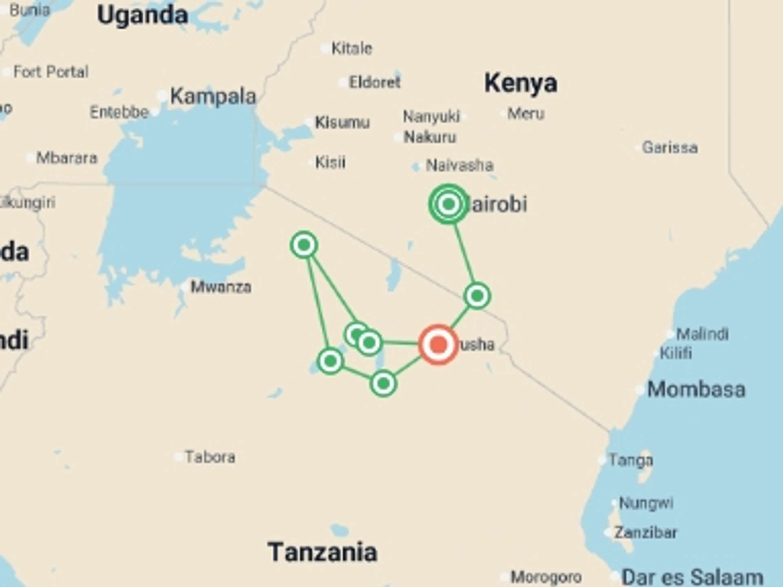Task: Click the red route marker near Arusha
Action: coord(438,344)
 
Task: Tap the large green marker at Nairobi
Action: coord(449,204)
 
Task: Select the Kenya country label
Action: coord(521,83)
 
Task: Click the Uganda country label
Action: coord(143,15)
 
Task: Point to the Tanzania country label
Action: coord(322,552)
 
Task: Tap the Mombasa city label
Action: coord(696,389)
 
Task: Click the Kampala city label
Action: coord(213,97)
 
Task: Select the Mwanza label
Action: coord(221,287)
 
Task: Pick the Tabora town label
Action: coord(210,457)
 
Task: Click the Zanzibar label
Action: coord(645,532)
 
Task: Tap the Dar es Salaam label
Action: coord(692,577)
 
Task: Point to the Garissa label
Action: coord(670,148)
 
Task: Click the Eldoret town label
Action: coord(374,82)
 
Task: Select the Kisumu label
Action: coord(342,122)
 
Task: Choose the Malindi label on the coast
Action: coord(702,334)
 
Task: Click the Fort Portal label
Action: coord(51,72)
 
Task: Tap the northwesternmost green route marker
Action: coord(304,245)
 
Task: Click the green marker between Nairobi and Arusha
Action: coord(477,296)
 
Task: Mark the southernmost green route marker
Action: coord(383,383)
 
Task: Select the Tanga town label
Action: coord(630,460)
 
